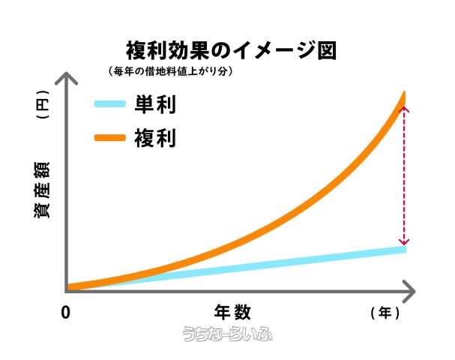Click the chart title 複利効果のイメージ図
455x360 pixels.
pyautogui.click(x=229, y=50)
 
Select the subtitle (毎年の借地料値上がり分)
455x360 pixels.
pyautogui.click(x=171, y=72)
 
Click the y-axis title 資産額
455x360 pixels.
pyautogui.click(x=43, y=192)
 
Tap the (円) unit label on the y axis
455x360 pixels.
pyautogui.click(x=43, y=110)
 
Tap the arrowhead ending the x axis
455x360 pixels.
pyautogui.click(x=409, y=288)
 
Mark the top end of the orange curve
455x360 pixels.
pyautogui.click(x=404, y=94)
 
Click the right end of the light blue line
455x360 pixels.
pyautogui.click(x=403, y=248)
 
